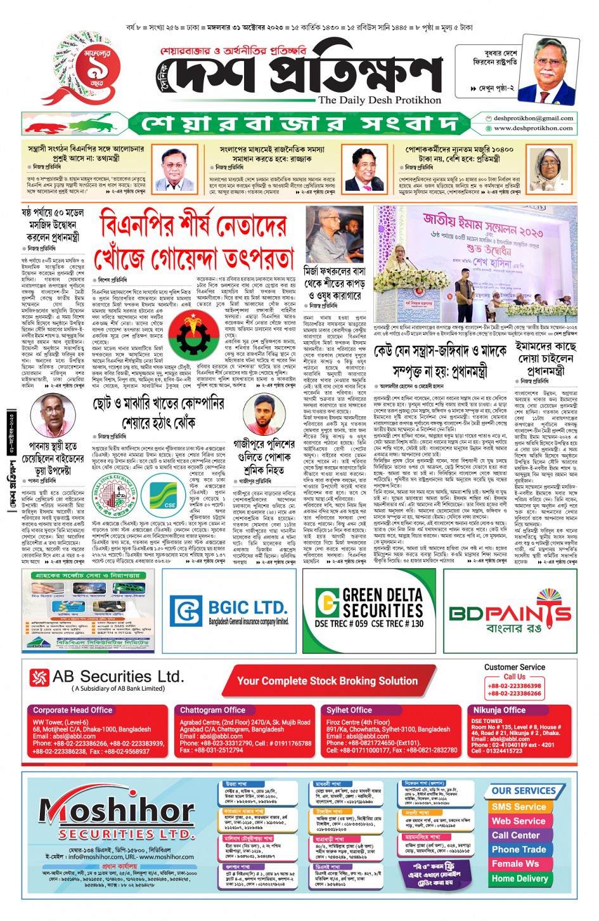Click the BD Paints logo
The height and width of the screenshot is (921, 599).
pyautogui.click(x=510, y=612)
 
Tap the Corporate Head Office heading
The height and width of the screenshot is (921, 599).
pyautogui.click(x=72, y=710)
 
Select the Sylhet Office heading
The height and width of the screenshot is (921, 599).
pyautogui.click(x=349, y=710)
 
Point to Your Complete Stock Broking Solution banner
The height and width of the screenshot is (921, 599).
pyautogui.click(x=327, y=681)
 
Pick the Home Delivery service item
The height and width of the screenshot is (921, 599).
pyautogui.click(x=520, y=879)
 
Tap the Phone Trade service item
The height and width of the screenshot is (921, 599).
pyautogui.click(x=518, y=849)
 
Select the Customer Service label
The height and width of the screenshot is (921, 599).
pyautogui.click(x=514, y=667)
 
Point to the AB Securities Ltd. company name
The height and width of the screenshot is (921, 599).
pyautogui.click(x=118, y=677)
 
